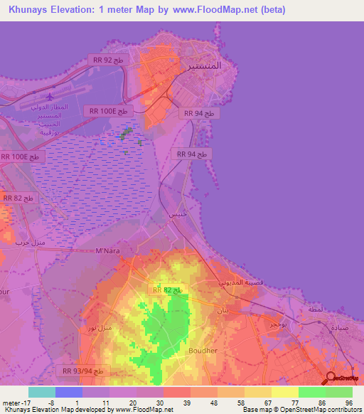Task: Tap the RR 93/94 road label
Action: click(x=84, y=371)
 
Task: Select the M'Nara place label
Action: click(x=109, y=250)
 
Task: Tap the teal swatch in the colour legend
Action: click(x=42, y=392)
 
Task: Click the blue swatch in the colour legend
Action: click(x=69, y=392)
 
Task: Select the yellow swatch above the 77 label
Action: click(x=284, y=392)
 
